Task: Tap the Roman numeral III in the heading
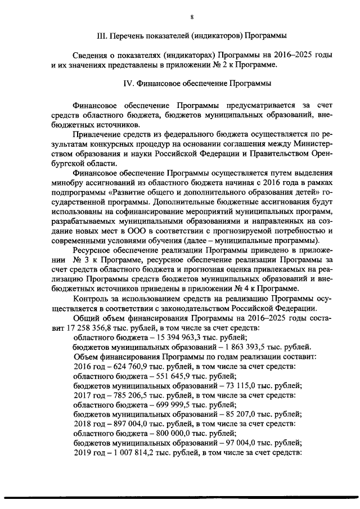[x=102, y=35]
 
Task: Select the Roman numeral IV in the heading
[x=129, y=84]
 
